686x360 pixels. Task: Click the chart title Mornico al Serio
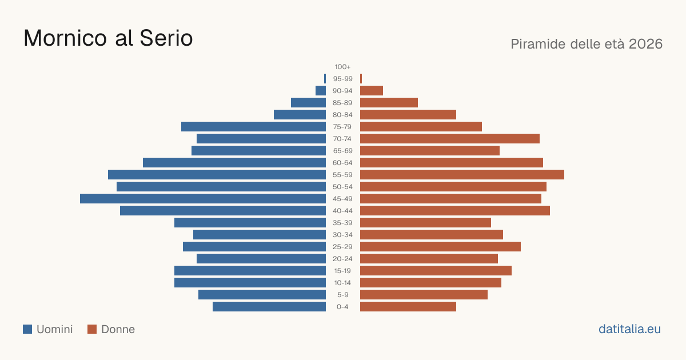click(x=108, y=38)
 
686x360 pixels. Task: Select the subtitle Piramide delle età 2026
click(x=587, y=44)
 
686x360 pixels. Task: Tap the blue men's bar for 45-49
click(x=203, y=199)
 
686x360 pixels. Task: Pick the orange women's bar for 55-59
click(x=462, y=175)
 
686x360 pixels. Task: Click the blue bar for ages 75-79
click(x=253, y=127)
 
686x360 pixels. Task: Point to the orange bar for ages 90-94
click(x=372, y=91)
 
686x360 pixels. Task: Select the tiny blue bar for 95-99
click(x=325, y=79)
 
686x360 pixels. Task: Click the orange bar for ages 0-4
click(x=408, y=307)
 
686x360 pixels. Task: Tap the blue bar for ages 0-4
click(x=269, y=307)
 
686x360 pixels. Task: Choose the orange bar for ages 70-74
click(x=450, y=139)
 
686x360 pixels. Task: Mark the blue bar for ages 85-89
click(x=308, y=102)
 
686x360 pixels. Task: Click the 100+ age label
click(x=342, y=67)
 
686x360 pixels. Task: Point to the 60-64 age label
click(x=342, y=163)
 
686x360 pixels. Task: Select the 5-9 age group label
click(x=342, y=295)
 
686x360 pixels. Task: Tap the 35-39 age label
click(x=342, y=223)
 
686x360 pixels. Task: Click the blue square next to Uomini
click(x=27, y=329)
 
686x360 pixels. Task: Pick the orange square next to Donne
click(x=92, y=329)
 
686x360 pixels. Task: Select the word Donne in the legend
click(x=118, y=329)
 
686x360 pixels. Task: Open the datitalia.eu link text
click(x=629, y=329)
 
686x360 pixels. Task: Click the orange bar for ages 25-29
click(x=440, y=247)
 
